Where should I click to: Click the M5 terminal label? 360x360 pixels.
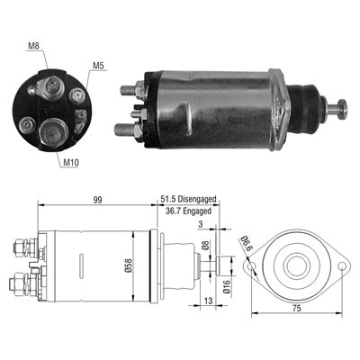[99, 64]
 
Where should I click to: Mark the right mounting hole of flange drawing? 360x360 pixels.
[345, 266]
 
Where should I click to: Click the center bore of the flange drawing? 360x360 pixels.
[300, 266]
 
